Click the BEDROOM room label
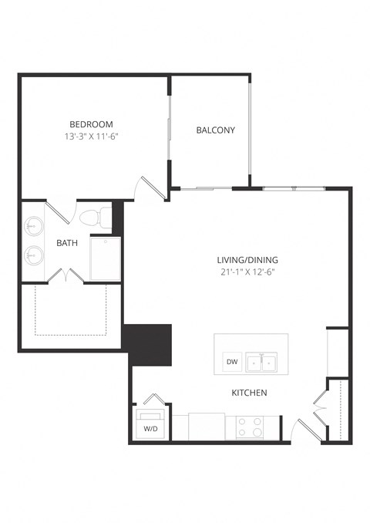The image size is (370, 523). pos(91,123)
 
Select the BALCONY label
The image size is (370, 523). pos(215,130)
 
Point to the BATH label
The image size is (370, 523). pos(67,243)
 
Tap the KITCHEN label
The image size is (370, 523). pos(249,393)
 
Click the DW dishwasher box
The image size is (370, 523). pos(231,361)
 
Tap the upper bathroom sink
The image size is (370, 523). pos(34,226)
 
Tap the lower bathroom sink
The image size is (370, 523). pos(34,254)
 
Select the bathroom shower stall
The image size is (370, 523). pos(106,258)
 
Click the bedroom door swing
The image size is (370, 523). pos(149,187)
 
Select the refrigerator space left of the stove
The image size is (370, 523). pos(207,426)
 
